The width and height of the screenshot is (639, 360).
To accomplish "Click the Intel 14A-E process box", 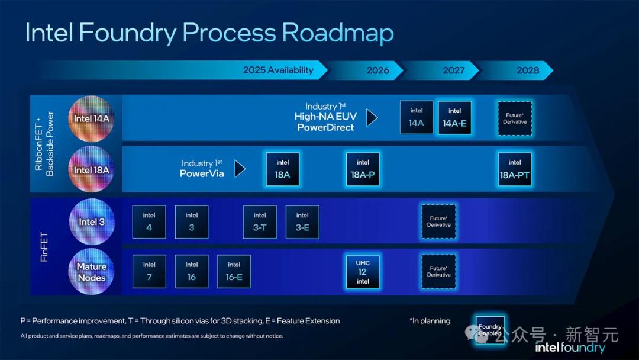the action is click(x=454, y=117).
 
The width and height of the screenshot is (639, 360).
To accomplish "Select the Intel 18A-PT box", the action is click(x=515, y=169).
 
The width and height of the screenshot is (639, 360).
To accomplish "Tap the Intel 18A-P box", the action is click(x=363, y=169).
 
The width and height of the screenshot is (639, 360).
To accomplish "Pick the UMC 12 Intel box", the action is click(x=363, y=272).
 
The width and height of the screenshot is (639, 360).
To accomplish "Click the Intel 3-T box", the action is click(x=260, y=222).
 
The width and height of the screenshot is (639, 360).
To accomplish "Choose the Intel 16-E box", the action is click(x=234, y=272).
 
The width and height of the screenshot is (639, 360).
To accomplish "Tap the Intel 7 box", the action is click(x=149, y=272).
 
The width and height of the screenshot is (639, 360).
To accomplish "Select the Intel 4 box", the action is click(x=149, y=222).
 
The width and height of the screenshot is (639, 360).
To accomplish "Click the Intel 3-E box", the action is click(x=302, y=222).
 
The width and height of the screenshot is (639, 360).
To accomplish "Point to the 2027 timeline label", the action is click(x=454, y=70).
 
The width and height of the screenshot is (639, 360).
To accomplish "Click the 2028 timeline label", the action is click(x=528, y=70).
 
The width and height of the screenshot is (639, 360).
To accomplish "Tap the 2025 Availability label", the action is click(x=278, y=70).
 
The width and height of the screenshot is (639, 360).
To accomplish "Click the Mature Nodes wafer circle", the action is click(x=91, y=272).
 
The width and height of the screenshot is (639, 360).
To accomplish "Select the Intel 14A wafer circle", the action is click(x=91, y=118).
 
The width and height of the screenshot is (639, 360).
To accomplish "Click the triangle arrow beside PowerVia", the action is click(x=240, y=169).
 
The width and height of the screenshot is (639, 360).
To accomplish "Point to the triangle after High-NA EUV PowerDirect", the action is click(x=371, y=118).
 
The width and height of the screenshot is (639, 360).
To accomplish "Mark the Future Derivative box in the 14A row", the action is click(x=515, y=118).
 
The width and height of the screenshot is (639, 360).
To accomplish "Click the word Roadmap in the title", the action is click(x=338, y=33).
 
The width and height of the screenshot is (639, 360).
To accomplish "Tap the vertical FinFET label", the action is click(x=44, y=247).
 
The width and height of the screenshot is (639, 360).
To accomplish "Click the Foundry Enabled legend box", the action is click(x=490, y=330).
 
